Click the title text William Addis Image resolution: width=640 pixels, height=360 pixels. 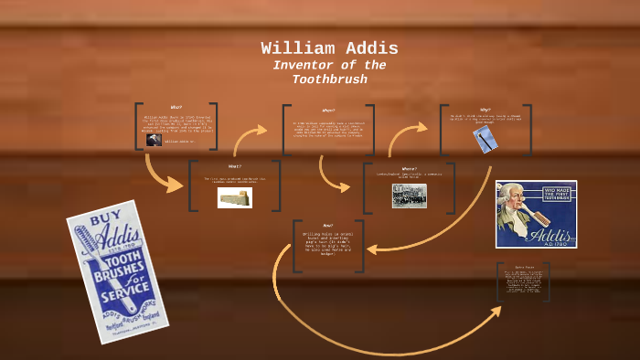(329, 48)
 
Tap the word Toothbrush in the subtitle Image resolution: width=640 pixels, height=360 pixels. (329, 79)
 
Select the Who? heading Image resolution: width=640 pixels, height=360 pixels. (176, 107)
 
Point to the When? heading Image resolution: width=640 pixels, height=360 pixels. (328, 111)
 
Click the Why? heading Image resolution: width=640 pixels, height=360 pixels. (485, 110)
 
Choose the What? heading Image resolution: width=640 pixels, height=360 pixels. (235, 166)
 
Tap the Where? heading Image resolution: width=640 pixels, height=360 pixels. (409, 169)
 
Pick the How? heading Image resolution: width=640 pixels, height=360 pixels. (327, 225)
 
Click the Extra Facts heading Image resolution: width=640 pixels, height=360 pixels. (524, 267)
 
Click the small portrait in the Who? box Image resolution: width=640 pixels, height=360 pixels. (154, 141)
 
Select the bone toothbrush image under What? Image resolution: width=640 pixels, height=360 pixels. (235, 197)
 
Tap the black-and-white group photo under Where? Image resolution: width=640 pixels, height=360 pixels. (409, 196)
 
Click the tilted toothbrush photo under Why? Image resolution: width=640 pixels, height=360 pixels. (485, 139)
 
